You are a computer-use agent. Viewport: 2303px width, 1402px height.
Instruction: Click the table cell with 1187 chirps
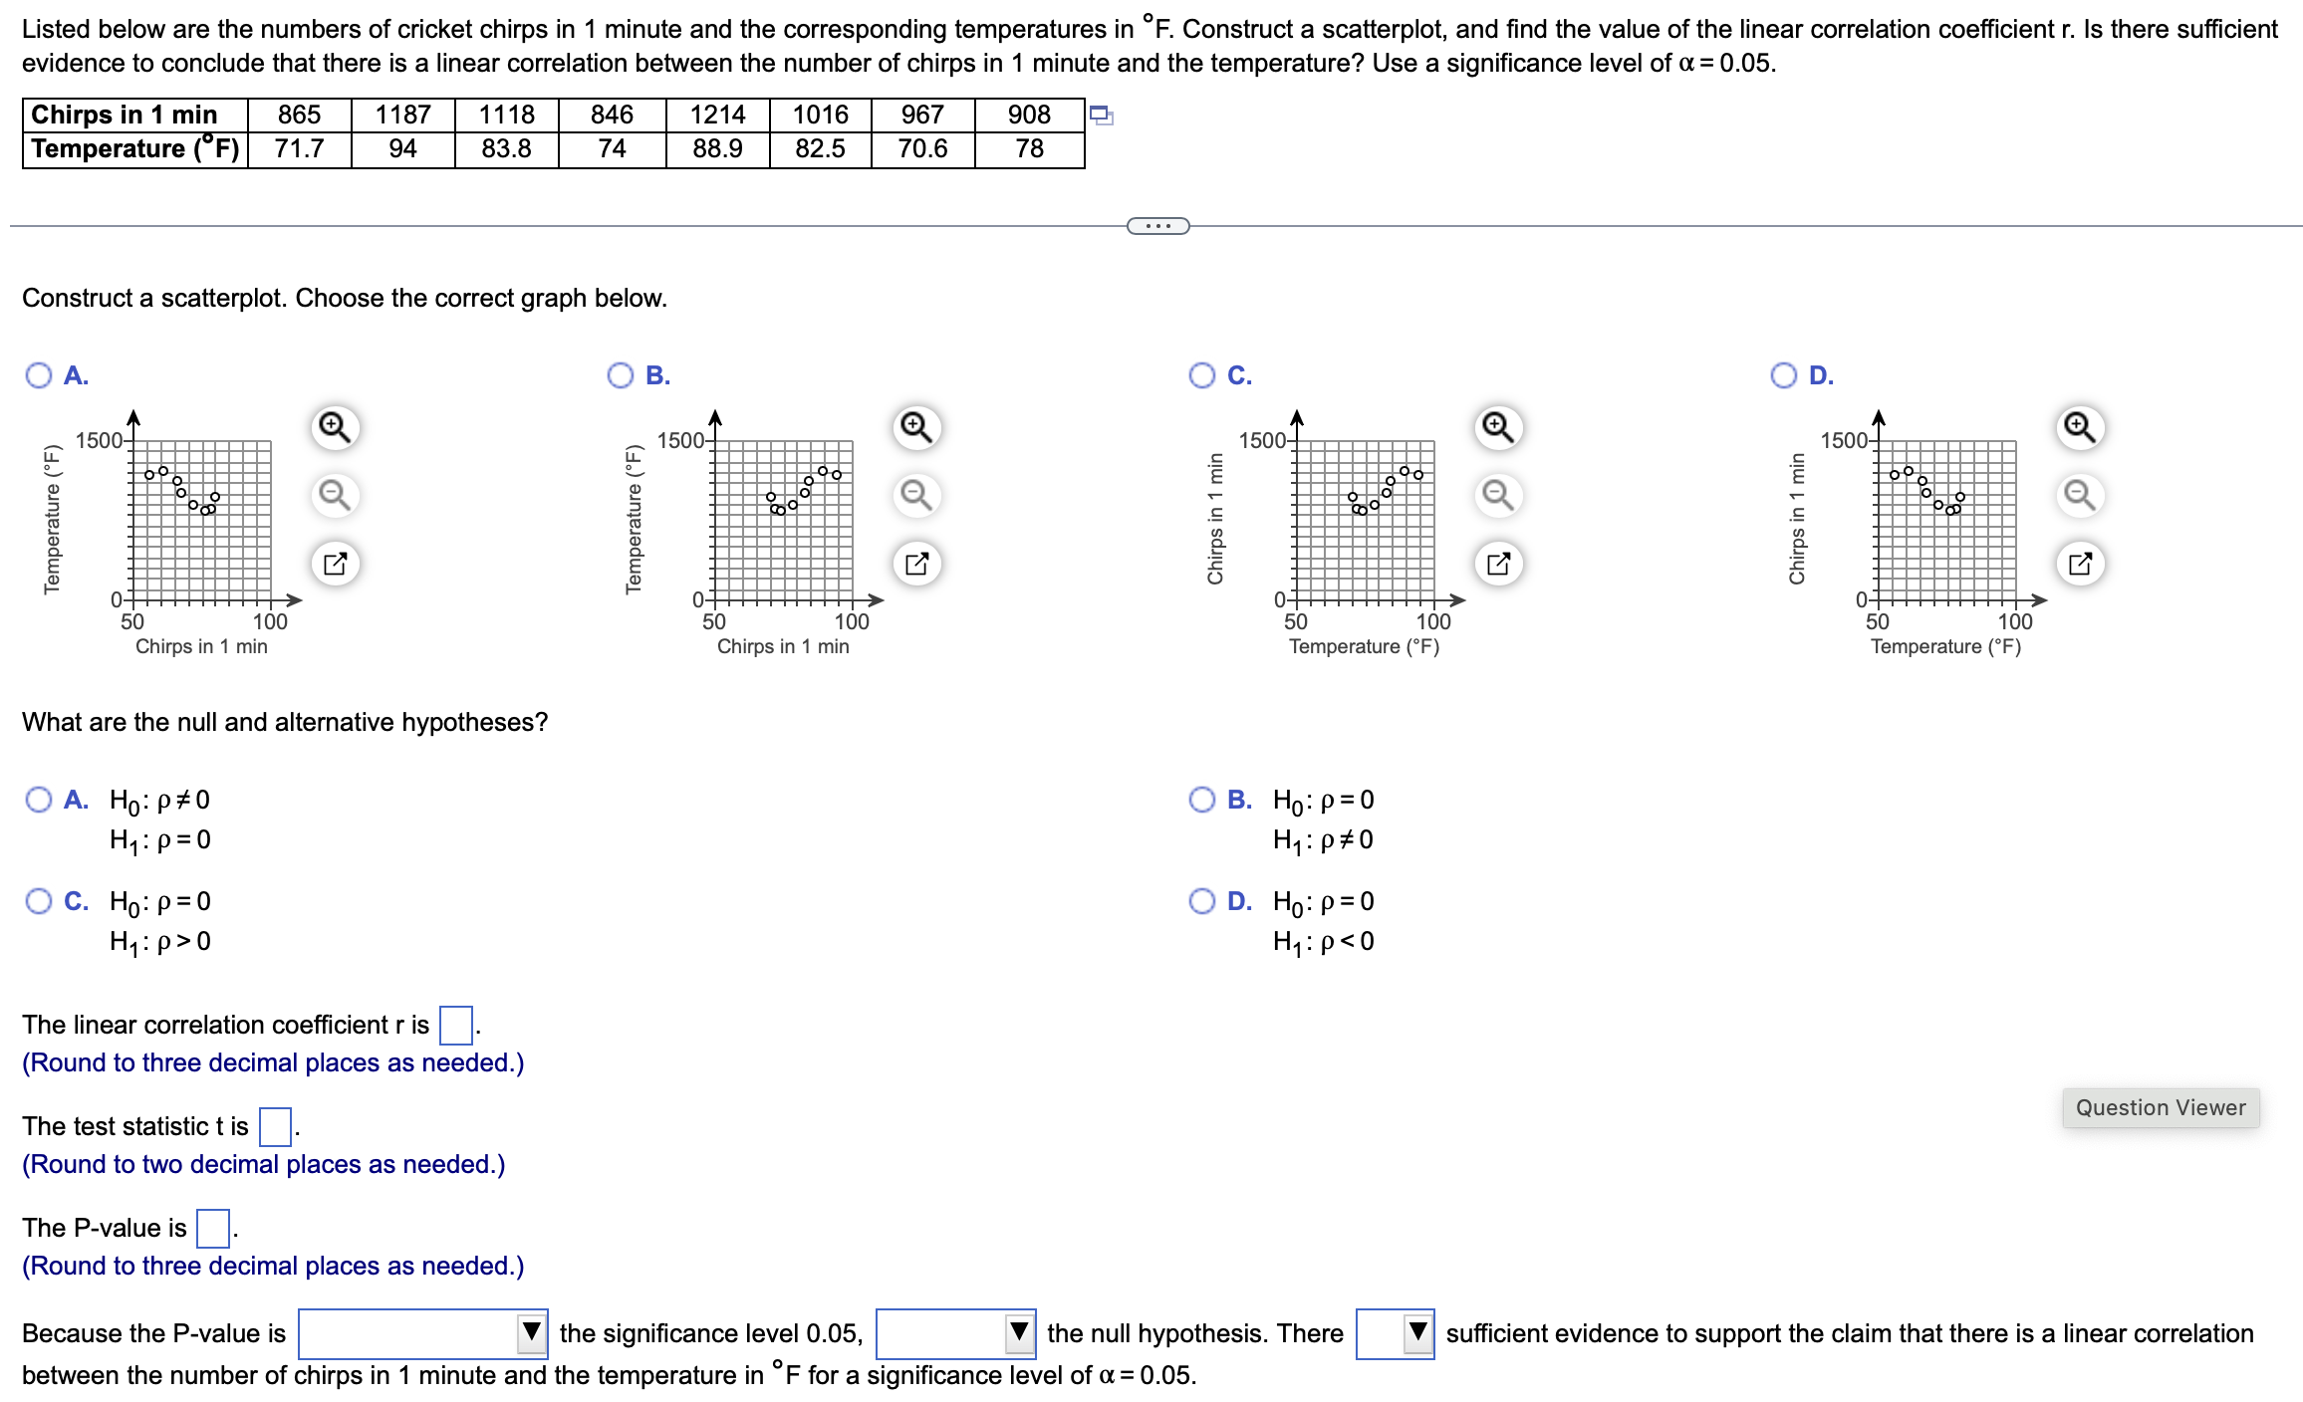[402, 115]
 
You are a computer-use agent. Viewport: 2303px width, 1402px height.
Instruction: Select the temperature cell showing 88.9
[717, 149]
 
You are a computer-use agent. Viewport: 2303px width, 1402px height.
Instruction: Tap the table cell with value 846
[612, 115]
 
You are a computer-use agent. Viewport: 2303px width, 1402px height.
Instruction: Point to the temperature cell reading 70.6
[922, 149]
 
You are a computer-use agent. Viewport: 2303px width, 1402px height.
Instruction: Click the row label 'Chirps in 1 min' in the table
[125, 115]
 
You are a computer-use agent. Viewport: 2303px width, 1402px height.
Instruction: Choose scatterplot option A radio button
[39, 375]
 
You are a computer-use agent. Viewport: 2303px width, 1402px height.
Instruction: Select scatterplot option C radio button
[1202, 375]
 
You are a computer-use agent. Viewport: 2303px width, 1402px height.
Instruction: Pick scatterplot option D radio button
[1784, 375]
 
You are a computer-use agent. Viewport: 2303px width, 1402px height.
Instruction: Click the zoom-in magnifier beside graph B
[916, 427]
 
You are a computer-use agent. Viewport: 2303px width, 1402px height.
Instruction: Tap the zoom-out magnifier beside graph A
[335, 495]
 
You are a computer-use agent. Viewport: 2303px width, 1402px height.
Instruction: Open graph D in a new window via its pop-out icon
[2080, 564]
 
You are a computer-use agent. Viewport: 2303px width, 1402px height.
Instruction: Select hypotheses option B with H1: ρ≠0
[1202, 800]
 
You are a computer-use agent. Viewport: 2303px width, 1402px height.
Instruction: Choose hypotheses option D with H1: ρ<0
[1202, 901]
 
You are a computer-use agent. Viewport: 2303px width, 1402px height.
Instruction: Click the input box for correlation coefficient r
[456, 1025]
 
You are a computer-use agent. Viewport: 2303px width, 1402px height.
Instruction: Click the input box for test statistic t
[275, 1126]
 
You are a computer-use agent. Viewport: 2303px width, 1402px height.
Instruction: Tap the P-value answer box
[213, 1228]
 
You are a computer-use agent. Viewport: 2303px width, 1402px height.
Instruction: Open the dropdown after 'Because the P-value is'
[423, 1333]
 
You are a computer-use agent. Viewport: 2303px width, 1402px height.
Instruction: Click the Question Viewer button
[2160, 1107]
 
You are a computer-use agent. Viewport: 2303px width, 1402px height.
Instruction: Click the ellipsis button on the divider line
[1157, 226]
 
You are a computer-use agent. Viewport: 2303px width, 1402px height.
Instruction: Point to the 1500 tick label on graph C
[1261, 440]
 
